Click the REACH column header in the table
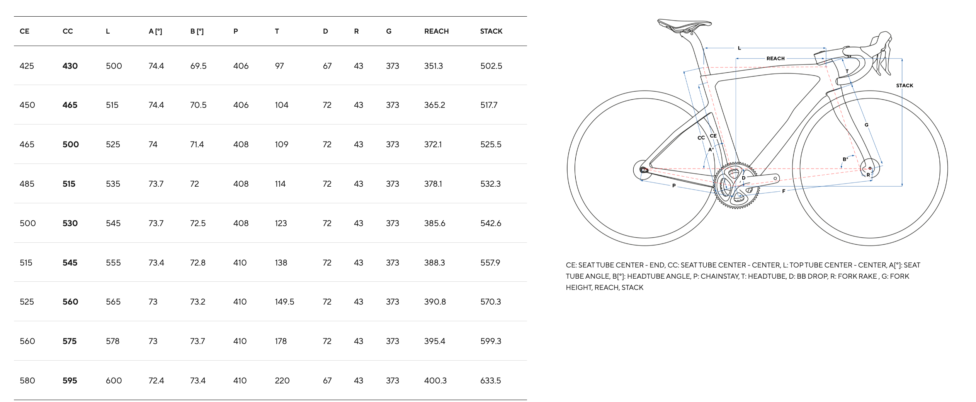(x=436, y=31)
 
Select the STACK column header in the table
(x=491, y=31)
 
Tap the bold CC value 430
(x=70, y=66)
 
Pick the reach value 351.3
(x=433, y=66)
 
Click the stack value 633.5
(x=490, y=381)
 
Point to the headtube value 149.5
(x=284, y=302)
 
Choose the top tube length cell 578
(x=112, y=341)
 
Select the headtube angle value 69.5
(x=198, y=66)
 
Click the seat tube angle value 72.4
(x=156, y=381)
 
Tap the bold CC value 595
(x=70, y=381)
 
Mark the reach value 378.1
(x=433, y=184)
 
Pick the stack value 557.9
(x=490, y=263)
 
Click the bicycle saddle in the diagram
(x=684, y=26)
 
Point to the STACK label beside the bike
(x=905, y=85)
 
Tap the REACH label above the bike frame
(x=775, y=58)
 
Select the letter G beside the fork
(x=866, y=125)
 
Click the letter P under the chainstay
(x=674, y=186)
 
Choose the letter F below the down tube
(x=784, y=191)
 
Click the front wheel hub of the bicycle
(x=870, y=169)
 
